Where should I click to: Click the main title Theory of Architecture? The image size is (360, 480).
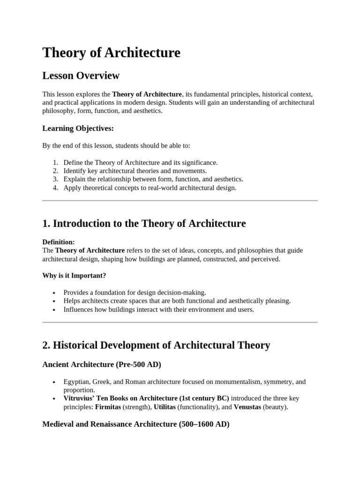click(111, 52)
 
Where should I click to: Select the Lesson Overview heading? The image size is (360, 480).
click(81, 75)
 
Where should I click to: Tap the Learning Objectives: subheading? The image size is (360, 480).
click(78, 128)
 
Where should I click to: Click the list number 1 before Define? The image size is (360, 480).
click(55, 163)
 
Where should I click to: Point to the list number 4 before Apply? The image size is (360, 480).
click(55, 188)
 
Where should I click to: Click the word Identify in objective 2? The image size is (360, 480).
click(75, 171)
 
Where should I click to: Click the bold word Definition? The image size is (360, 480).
click(59, 242)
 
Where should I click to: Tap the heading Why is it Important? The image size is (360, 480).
click(74, 276)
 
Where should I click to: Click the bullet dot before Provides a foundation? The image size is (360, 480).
click(55, 292)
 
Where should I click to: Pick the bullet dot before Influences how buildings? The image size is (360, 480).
click(55, 310)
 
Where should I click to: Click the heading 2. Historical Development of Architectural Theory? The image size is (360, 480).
click(156, 345)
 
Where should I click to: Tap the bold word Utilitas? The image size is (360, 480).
click(165, 407)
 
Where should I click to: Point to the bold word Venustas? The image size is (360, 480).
click(247, 407)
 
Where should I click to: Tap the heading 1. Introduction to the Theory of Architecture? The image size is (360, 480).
click(144, 224)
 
